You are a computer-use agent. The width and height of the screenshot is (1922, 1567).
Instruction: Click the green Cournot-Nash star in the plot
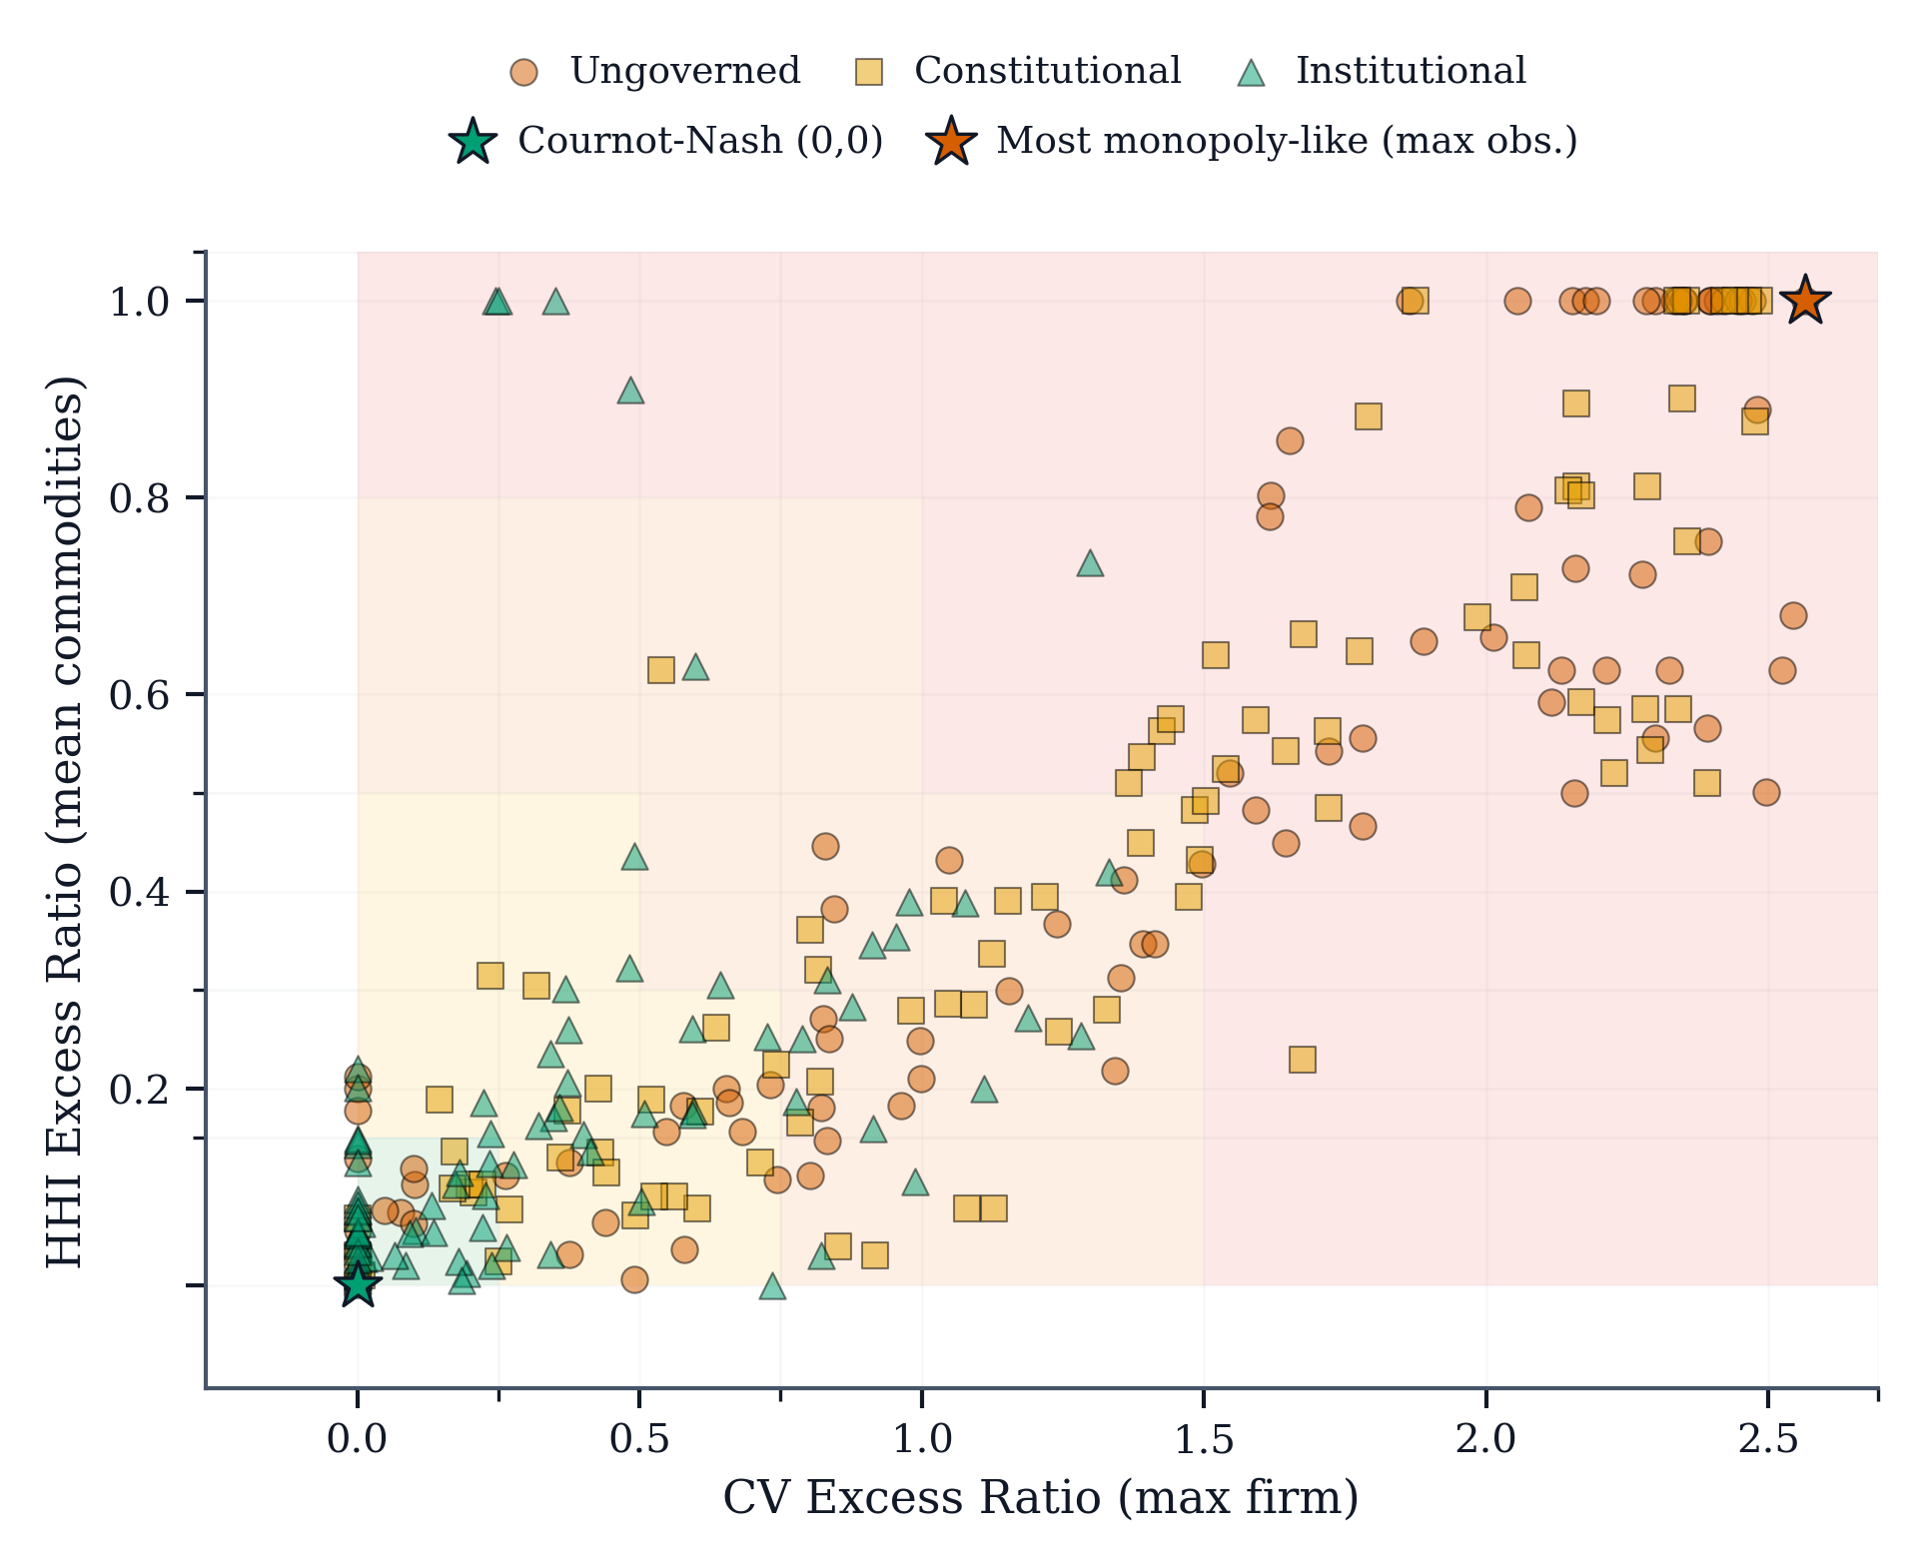(x=358, y=1284)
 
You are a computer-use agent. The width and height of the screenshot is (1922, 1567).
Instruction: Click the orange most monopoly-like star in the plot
(x=1805, y=300)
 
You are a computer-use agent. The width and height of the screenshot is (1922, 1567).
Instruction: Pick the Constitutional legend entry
(x=1018, y=72)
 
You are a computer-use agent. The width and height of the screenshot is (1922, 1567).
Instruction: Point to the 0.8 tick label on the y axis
(x=141, y=497)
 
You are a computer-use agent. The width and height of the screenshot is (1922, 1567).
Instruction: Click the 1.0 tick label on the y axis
(x=141, y=301)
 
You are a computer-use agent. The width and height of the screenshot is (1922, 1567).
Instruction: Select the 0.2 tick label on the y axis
(x=141, y=1089)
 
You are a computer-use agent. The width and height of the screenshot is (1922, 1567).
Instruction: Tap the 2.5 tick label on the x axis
(x=1767, y=1439)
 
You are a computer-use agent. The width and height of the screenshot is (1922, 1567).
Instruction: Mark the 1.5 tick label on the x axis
(x=1203, y=1439)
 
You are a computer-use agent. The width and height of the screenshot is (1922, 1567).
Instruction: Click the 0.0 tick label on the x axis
(x=358, y=1439)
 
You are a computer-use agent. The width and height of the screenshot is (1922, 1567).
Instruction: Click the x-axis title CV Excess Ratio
(x=1040, y=1498)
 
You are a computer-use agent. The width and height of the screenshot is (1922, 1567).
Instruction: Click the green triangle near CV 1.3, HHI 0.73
(x=1090, y=564)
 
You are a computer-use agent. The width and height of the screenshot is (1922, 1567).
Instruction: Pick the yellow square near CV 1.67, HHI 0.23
(x=1302, y=1059)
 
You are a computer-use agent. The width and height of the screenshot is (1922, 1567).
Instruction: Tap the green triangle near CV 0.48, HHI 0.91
(x=630, y=391)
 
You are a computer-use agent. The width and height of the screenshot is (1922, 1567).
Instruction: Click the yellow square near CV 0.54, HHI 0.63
(x=660, y=669)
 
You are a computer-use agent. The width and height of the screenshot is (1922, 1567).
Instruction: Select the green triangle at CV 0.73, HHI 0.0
(x=772, y=1286)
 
